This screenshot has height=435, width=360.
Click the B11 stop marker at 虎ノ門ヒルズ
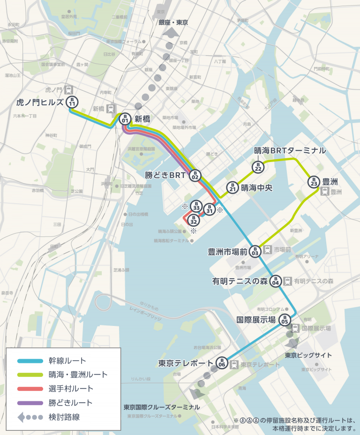coord(72,102)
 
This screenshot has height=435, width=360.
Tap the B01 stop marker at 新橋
coord(125,118)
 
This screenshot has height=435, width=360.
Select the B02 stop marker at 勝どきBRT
coord(195,175)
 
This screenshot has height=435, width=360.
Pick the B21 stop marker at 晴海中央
coord(232,187)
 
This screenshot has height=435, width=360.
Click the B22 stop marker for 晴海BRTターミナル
coord(258,166)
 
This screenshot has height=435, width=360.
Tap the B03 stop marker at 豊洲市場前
coord(255,251)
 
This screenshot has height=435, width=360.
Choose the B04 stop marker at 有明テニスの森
coord(276,280)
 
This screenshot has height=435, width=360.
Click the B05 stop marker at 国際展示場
coord(285,320)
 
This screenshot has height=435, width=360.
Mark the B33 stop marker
coord(197,206)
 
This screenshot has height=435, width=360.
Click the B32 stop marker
coord(193,219)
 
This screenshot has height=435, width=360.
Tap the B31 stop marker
coord(210,209)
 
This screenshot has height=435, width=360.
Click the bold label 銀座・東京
coord(173,22)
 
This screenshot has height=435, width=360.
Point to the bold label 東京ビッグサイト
coord(308,355)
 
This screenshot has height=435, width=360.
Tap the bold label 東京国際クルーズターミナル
coord(162,407)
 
